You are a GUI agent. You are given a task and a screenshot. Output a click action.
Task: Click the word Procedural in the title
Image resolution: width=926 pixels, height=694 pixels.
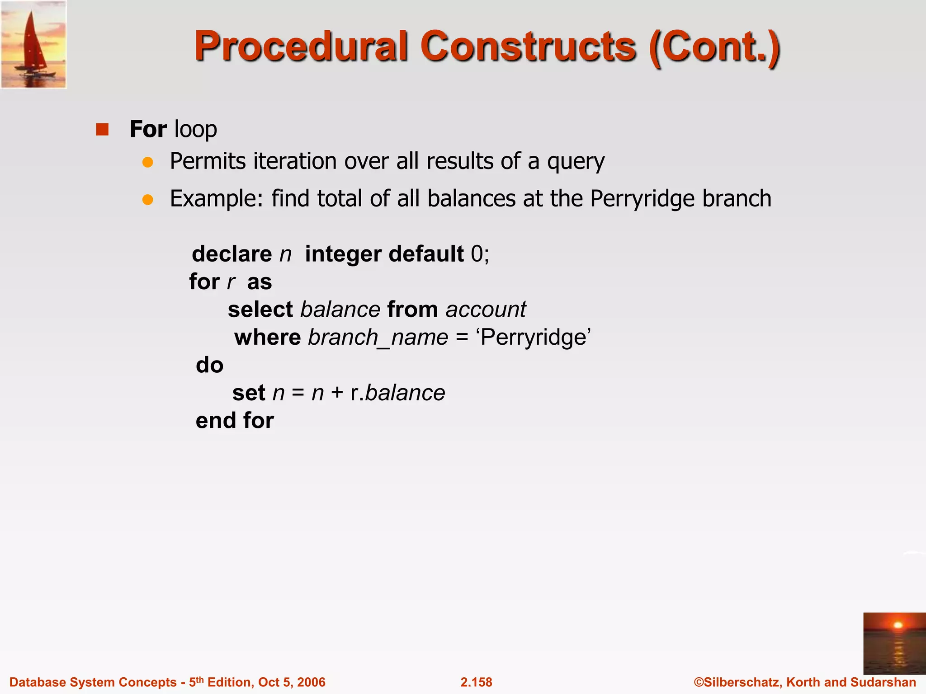(x=301, y=47)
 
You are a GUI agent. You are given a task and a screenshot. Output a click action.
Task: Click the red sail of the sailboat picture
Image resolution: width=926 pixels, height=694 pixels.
(x=33, y=43)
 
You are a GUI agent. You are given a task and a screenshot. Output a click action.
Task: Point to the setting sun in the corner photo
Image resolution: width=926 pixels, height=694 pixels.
(x=898, y=625)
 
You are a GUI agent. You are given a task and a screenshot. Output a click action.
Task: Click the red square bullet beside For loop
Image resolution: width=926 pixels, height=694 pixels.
(x=103, y=130)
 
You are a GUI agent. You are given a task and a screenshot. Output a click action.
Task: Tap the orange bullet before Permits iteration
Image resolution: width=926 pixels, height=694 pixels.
(x=147, y=162)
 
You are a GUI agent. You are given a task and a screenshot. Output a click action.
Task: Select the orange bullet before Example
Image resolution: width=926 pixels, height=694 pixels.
(x=147, y=199)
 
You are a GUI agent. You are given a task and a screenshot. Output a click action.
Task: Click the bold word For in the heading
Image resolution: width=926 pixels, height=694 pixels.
(x=148, y=129)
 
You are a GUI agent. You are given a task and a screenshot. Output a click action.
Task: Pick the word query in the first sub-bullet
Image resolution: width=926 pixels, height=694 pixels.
(x=576, y=162)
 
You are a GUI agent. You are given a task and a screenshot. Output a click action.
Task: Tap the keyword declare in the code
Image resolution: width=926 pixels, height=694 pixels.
(x=231, y=254)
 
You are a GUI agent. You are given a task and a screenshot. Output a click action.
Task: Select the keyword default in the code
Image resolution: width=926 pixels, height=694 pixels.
(x=426, y=254)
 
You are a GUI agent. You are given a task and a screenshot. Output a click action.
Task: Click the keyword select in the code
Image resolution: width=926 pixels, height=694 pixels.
(x=260, y=309)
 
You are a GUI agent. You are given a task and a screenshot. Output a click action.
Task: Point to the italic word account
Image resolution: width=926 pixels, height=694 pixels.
(x=486, y=309)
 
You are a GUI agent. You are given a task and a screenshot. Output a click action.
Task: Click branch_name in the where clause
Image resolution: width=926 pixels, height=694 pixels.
(x=378, y=338)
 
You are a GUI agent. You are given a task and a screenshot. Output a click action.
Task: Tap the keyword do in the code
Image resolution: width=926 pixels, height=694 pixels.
(x=210, y=365)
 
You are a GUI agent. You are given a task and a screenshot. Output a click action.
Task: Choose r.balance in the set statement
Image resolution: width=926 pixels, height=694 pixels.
(x=397, y=393)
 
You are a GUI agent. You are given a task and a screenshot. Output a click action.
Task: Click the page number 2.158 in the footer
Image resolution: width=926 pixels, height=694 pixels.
(x=476, y=682)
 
